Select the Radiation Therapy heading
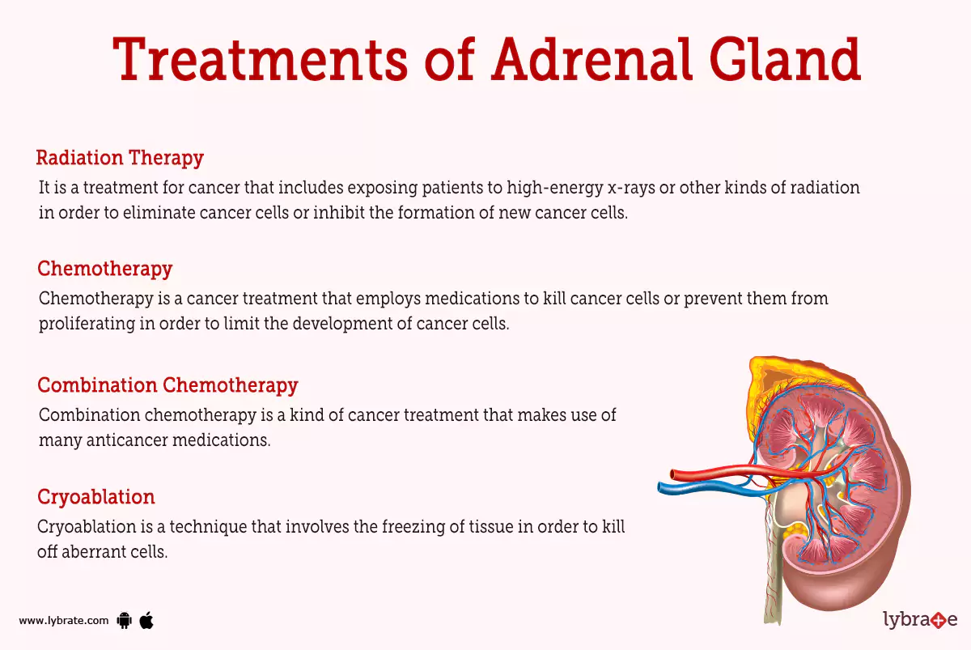120,158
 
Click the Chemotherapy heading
105,268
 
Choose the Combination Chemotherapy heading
167,384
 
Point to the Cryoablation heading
96,496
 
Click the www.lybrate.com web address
63,621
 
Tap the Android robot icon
124,621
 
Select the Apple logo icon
146,620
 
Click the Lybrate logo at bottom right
919,620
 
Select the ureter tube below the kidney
770,583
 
